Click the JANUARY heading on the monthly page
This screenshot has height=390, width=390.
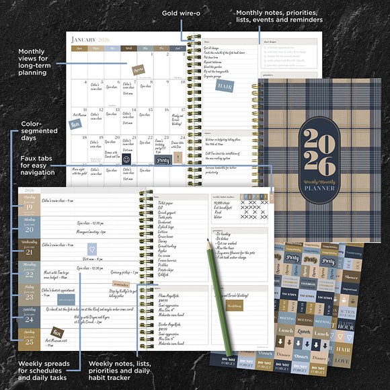pos(87,38)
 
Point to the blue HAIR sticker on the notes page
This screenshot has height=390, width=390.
pos(225,85)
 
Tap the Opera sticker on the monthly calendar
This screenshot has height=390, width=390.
pos(139,70)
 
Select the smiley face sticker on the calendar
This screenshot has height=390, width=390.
pos(126,160)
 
